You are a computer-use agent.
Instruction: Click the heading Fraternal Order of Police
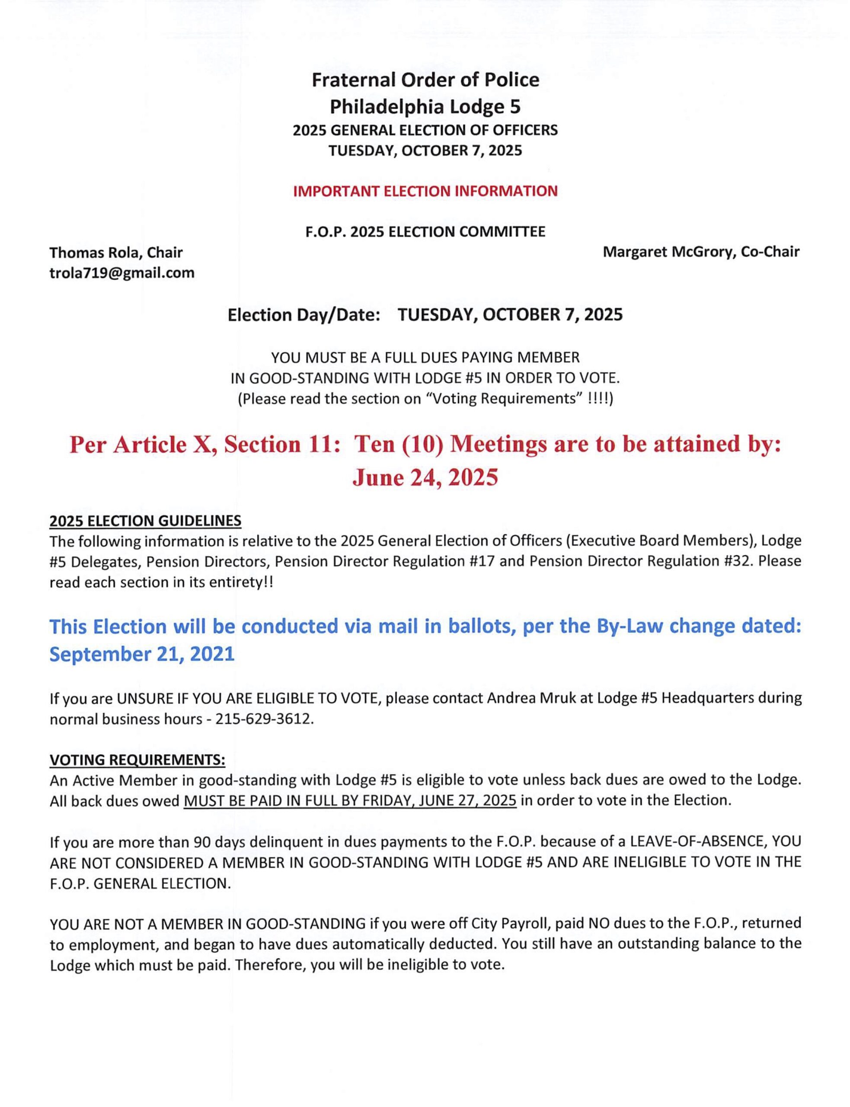click(x=425, y=80)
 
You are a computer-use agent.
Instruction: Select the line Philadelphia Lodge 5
click(x=425, y=107)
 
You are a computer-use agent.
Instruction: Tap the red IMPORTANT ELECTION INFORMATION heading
click(x=425, y=191)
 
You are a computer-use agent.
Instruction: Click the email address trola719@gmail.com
click(x=122, y=273)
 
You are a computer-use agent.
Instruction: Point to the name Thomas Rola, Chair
click(x=116, y=252)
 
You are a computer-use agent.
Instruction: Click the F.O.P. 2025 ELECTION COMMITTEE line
click(x=425, y=232)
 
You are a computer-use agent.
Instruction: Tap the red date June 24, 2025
click(x=425, y=477)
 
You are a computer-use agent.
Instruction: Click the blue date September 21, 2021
click(x=142, y=654)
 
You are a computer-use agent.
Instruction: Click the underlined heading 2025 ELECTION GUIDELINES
click(x=145, y=521)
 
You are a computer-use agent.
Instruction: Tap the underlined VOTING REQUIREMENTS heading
click(x=137, y=760)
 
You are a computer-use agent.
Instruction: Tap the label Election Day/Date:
click(x=304, y=315)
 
